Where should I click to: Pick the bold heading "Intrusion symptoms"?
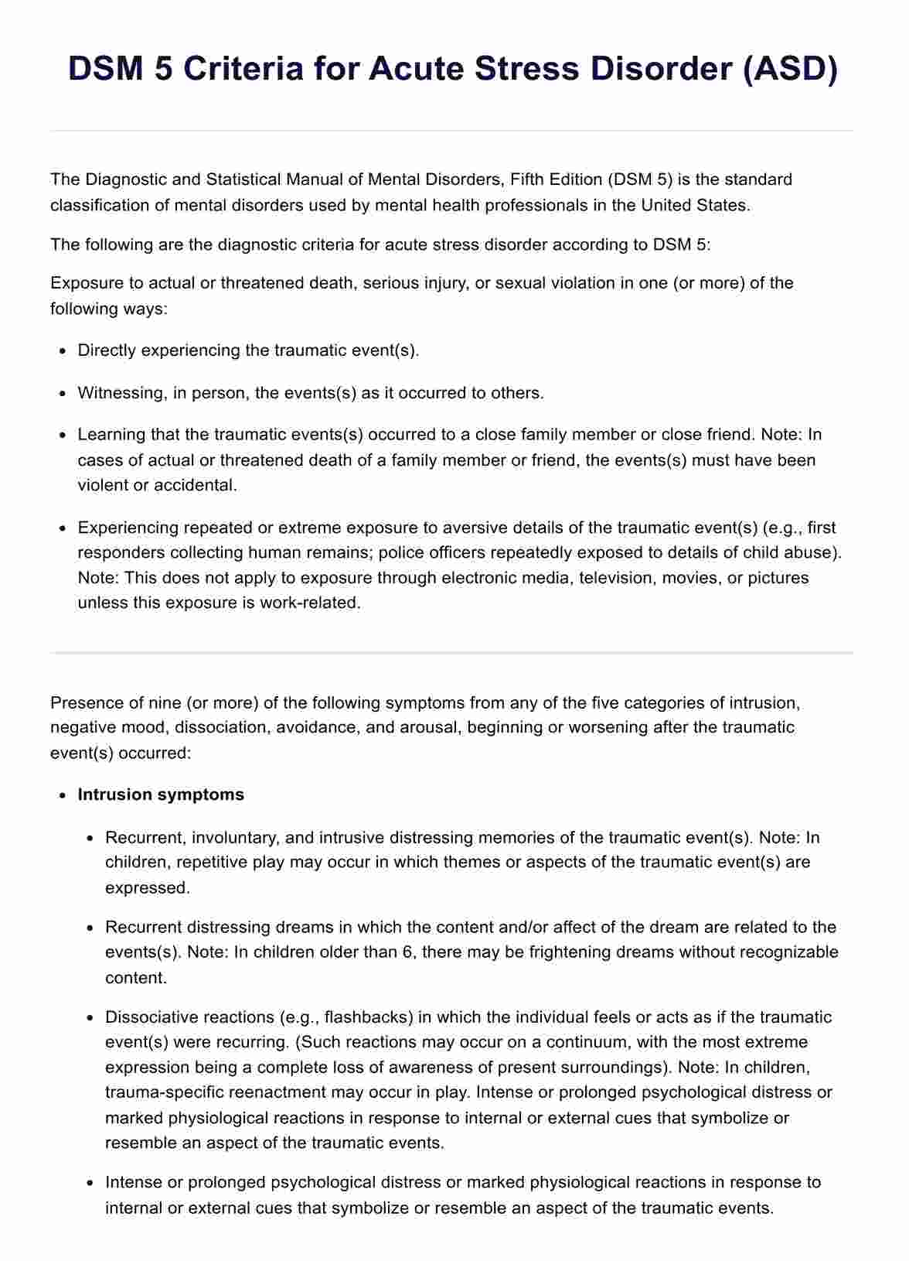pyautogui.click(x=161, y=795)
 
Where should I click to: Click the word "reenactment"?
pyautogui.click(x=255, y=1092)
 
